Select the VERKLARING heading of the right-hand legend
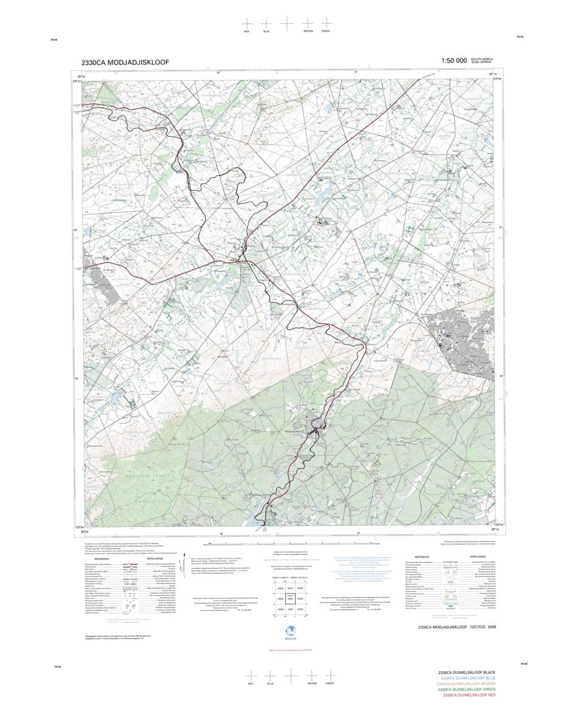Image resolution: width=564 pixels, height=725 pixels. point(477,556)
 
